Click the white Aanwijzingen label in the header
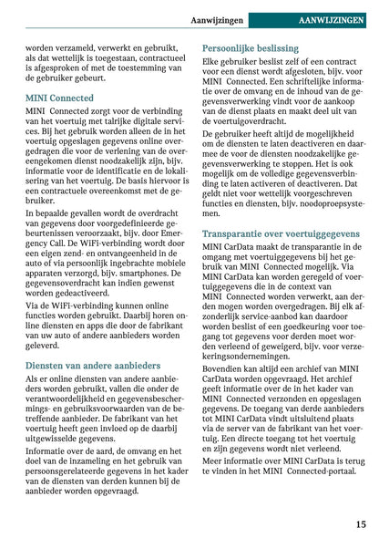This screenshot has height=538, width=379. (217, 19)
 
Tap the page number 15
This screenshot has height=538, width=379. (362, 524)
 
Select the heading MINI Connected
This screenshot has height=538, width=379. (59, 97)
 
